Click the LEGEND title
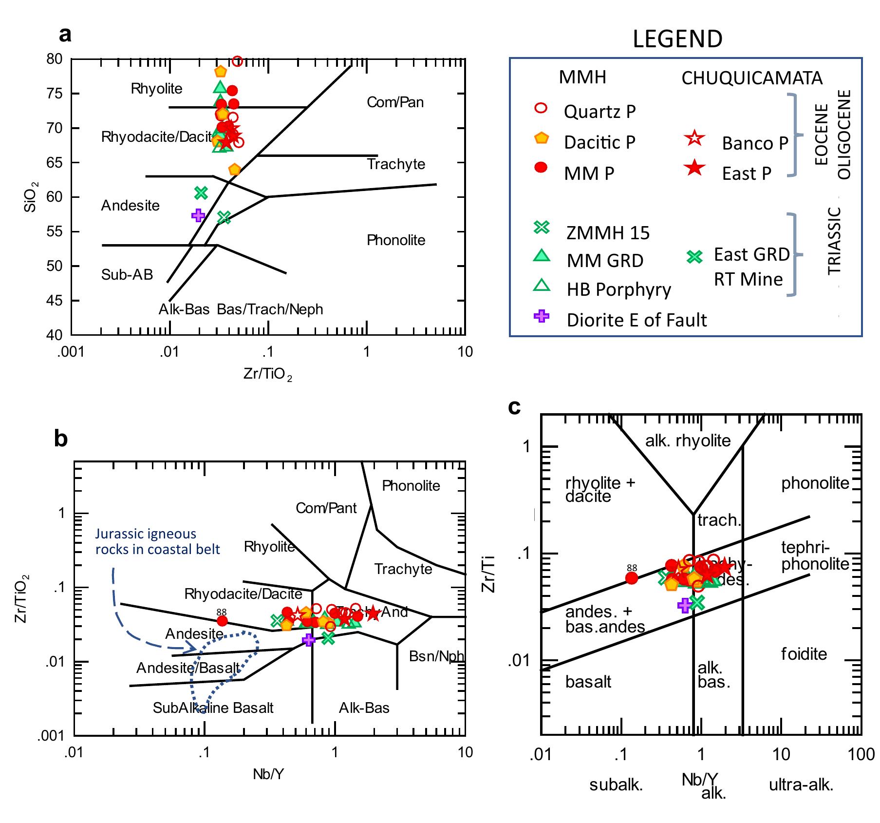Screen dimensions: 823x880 coord(677,39)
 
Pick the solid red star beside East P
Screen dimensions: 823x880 coord(694,169)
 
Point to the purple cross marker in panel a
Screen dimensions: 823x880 coord(198,215)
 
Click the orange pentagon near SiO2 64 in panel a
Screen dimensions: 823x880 coord(235,170)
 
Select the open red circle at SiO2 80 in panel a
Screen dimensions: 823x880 coord(237,61)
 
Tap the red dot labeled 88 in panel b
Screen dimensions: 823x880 coord(222,621)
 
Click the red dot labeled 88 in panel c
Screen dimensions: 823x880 coord(632,578)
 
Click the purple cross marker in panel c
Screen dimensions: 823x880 coord(684,606)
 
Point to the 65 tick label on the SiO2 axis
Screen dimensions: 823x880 coord(54,163)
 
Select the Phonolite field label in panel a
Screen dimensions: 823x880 coord(396,240)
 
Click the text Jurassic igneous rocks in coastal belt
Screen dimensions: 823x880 coord(157,541)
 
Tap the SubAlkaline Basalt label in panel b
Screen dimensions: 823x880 coord(213,708)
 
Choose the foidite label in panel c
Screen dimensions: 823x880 coord(804,653)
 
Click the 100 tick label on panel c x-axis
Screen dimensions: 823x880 coord(861,755)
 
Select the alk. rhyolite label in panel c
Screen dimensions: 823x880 coord(688,441)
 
